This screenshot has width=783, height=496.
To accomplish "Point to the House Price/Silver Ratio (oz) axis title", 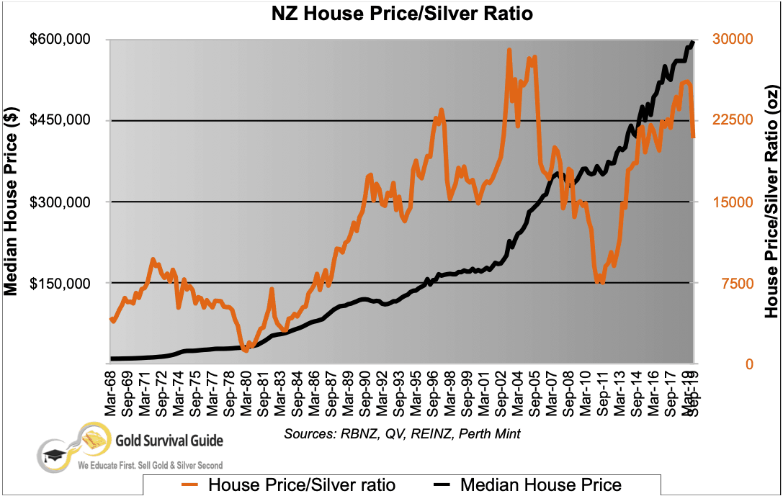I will coord(771,202).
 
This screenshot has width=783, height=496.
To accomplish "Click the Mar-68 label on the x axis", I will coord(112,393).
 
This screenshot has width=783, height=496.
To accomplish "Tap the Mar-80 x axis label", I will coord(246,393).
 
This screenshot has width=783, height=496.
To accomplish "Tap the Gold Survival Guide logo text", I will coord(169,440).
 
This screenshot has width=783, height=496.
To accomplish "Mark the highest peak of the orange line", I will coord(509,50).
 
